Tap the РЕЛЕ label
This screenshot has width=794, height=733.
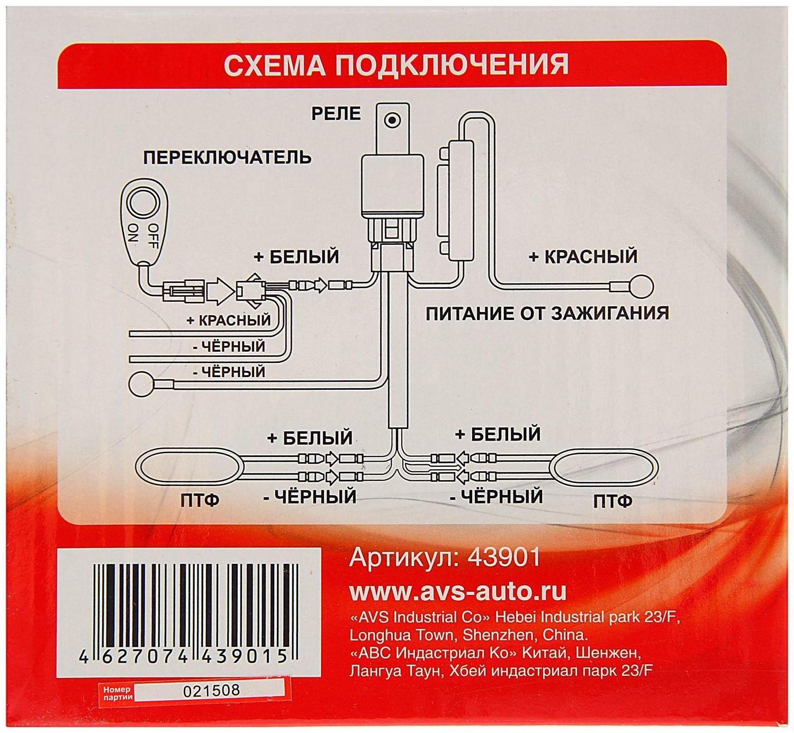pyautogui.click(x=336, y=113)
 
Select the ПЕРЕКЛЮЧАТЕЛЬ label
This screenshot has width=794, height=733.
pyautogui.click(x=227, y=157)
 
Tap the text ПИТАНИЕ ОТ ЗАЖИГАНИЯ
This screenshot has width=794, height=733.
pyautogui.click(x=547, y=314)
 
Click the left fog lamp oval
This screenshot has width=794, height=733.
pyautogui.click(x=190, y=466)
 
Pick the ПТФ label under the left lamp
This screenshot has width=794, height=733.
pyautogui.click(x=199, y=500)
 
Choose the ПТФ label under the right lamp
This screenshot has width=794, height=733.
pyautogui.click(x=612, y=500)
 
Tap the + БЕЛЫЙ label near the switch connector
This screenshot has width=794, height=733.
pyautogui.click(x=296, y=257)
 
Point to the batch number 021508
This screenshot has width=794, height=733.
pyautogui.click(x=211, y=691)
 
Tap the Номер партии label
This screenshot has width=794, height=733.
pyautogui.click(x=115, y=693)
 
